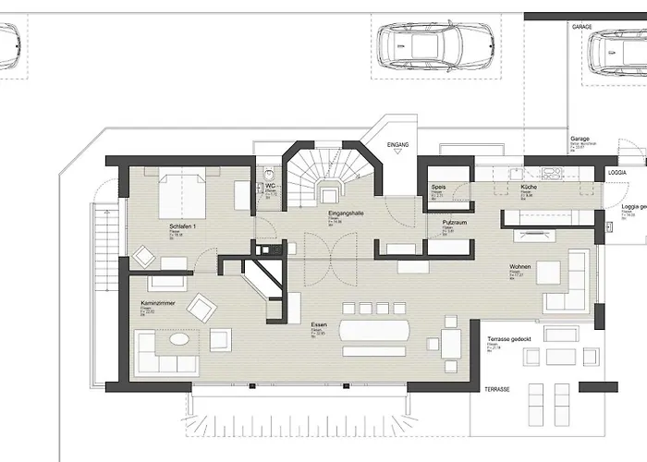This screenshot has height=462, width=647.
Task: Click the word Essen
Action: tap(319, 324)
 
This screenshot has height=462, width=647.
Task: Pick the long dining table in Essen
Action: tap(378, 330)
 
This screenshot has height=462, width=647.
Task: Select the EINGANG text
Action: tap(398, 145)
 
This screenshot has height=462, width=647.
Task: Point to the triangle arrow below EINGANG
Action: tap(398, 157)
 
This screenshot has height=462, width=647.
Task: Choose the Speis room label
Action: tap(439, 188)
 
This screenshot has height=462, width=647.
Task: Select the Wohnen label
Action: tap(519, 267)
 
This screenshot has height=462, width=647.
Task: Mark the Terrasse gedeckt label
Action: tap(507, 339)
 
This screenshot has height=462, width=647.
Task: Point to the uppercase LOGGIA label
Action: tap(616, 173)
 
